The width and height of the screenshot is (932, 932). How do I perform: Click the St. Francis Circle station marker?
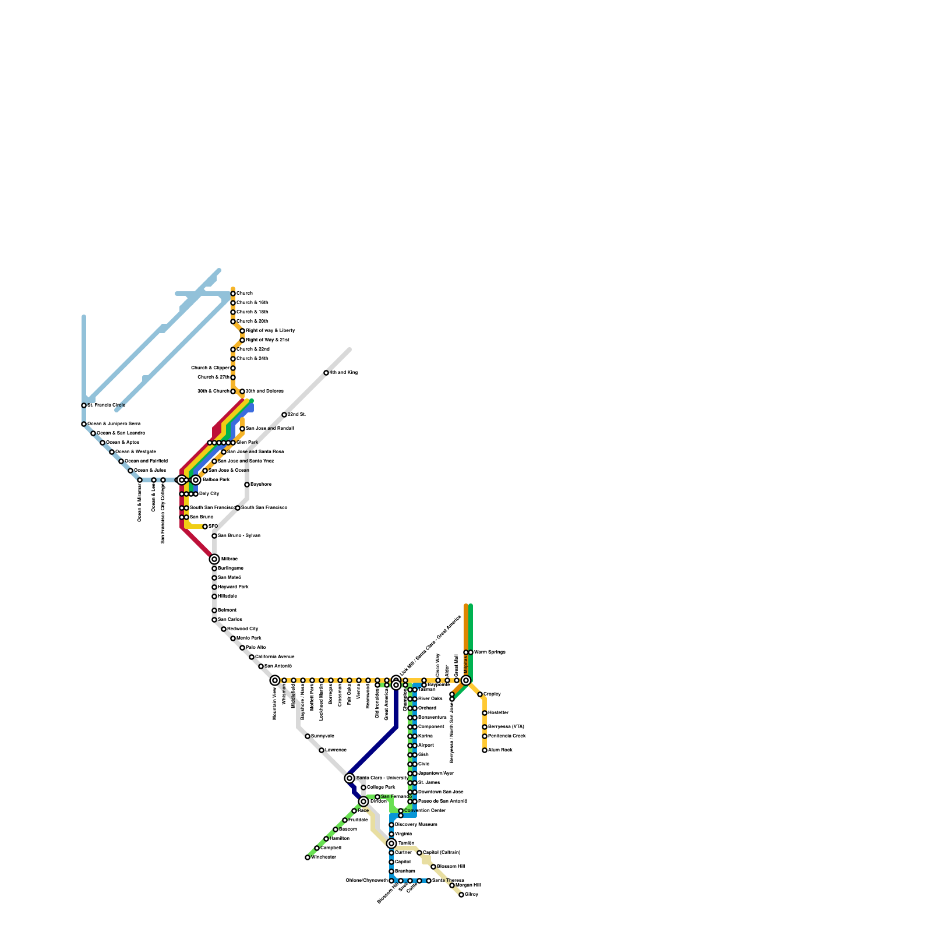[84, 405]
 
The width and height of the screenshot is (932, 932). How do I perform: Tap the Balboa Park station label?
[216, 480]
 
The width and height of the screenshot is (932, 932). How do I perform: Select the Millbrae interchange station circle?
[214, 559]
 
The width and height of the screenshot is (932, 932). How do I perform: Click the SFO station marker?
[205, 527]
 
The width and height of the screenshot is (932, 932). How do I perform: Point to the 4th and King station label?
[344, 373]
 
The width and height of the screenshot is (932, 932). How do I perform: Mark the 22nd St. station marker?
[284, 415]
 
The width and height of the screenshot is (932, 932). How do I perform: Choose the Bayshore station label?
[261, 485]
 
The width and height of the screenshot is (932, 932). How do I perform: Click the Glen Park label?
[247, 443]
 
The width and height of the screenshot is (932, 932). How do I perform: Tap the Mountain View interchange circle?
[275, 680]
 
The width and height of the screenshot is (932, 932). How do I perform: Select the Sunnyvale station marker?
[308, 736]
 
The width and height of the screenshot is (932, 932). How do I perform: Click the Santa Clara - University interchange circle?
[349, 778]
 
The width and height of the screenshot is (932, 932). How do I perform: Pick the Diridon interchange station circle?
[363, 802]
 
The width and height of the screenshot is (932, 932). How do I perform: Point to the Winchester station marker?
[308, 857]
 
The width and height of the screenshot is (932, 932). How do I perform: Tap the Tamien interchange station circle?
[391, 843]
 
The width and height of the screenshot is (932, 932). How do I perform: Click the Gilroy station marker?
[461, 895]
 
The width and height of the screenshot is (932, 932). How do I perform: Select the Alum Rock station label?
[500, 750]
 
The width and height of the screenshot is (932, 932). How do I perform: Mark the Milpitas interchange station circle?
[466, 680]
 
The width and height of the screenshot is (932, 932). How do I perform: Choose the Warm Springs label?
[490, 652]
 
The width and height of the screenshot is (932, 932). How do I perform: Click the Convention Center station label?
[425, 811]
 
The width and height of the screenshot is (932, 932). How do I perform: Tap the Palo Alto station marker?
[242, 648]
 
